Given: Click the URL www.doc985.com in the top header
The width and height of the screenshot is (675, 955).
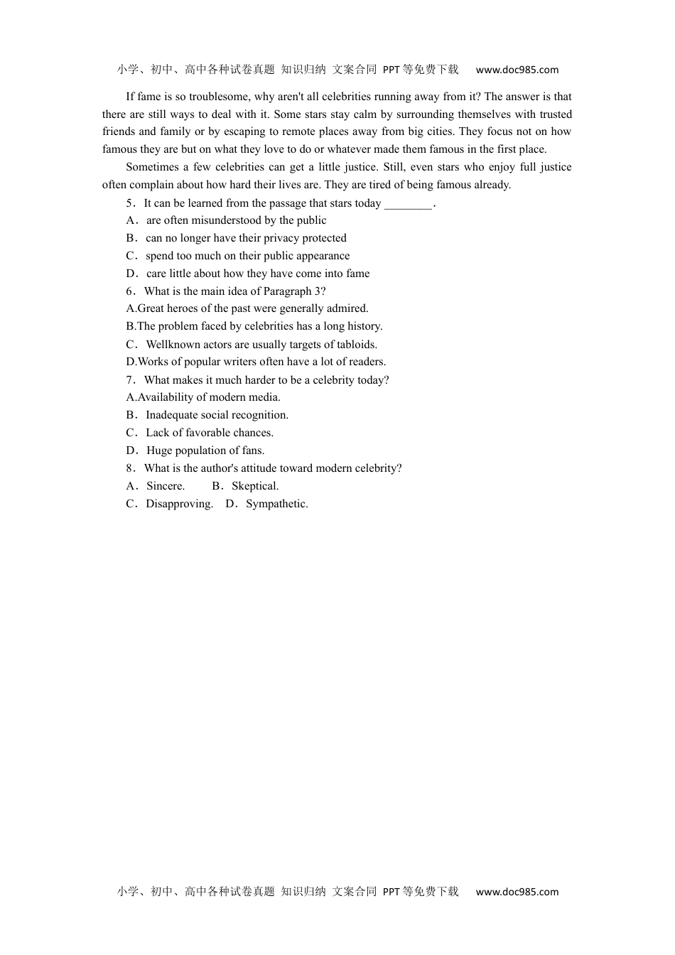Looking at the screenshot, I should point(517,70).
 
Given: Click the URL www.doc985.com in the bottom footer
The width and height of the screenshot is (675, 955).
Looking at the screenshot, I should point(517,892).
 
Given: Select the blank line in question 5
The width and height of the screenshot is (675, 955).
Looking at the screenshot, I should point(408,203).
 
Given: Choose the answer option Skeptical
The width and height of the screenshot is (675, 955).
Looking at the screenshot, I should point(255,486).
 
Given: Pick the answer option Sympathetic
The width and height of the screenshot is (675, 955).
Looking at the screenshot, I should point(277,504).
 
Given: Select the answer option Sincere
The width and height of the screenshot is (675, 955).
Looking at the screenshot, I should point(166,486).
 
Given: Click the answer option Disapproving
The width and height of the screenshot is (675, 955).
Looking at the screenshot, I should point(179,504).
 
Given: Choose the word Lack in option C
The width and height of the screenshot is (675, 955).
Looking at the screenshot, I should point(157,433).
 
